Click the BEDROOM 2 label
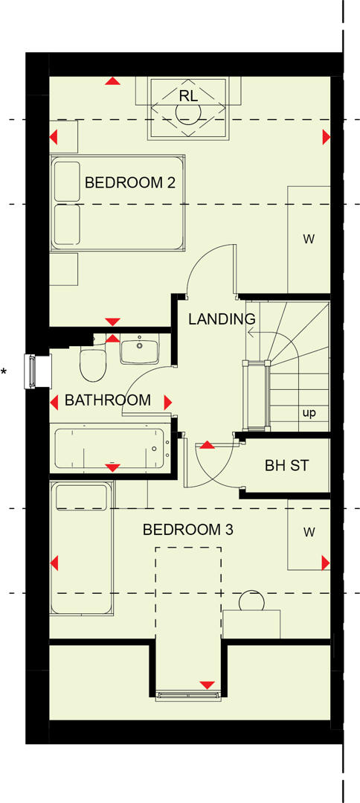pos(129,182)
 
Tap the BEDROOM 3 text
pos(187,530)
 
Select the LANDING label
pos(221,319)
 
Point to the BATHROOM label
pos(107,400)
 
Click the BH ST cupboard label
pos(286,466)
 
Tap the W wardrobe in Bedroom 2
pos(308,239)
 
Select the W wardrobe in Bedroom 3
pos(308,532)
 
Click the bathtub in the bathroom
pos(110,448)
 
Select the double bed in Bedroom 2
pos(117,202)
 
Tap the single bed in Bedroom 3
pos(82,548)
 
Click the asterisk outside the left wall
pos(4,371)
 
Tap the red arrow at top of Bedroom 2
pos(112,80)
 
